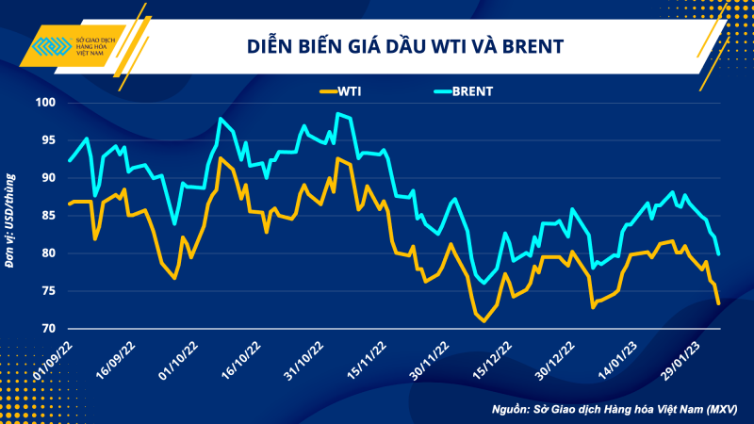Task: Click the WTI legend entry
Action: tap(340, 91)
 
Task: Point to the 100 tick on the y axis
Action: tap(44, 103)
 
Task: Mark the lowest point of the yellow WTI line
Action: tap(484, 321)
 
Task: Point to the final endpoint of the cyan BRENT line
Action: tap(720, 253)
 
